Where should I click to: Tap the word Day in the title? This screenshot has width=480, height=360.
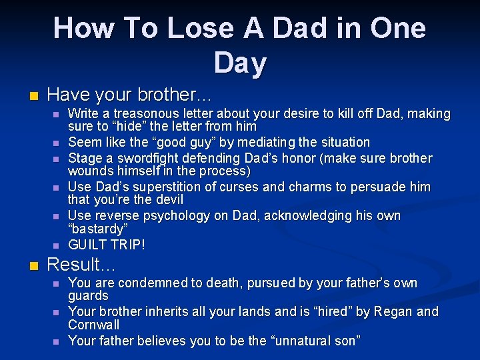tap(240, 63)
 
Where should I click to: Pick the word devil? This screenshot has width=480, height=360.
tap(167, 200)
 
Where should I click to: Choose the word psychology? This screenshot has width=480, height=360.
tap(183, 215)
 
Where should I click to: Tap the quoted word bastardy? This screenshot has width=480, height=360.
tap(97, 229)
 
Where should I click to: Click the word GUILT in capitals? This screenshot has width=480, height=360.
tap(88, 245)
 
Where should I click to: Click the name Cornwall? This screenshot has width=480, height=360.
tap(94, 325)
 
